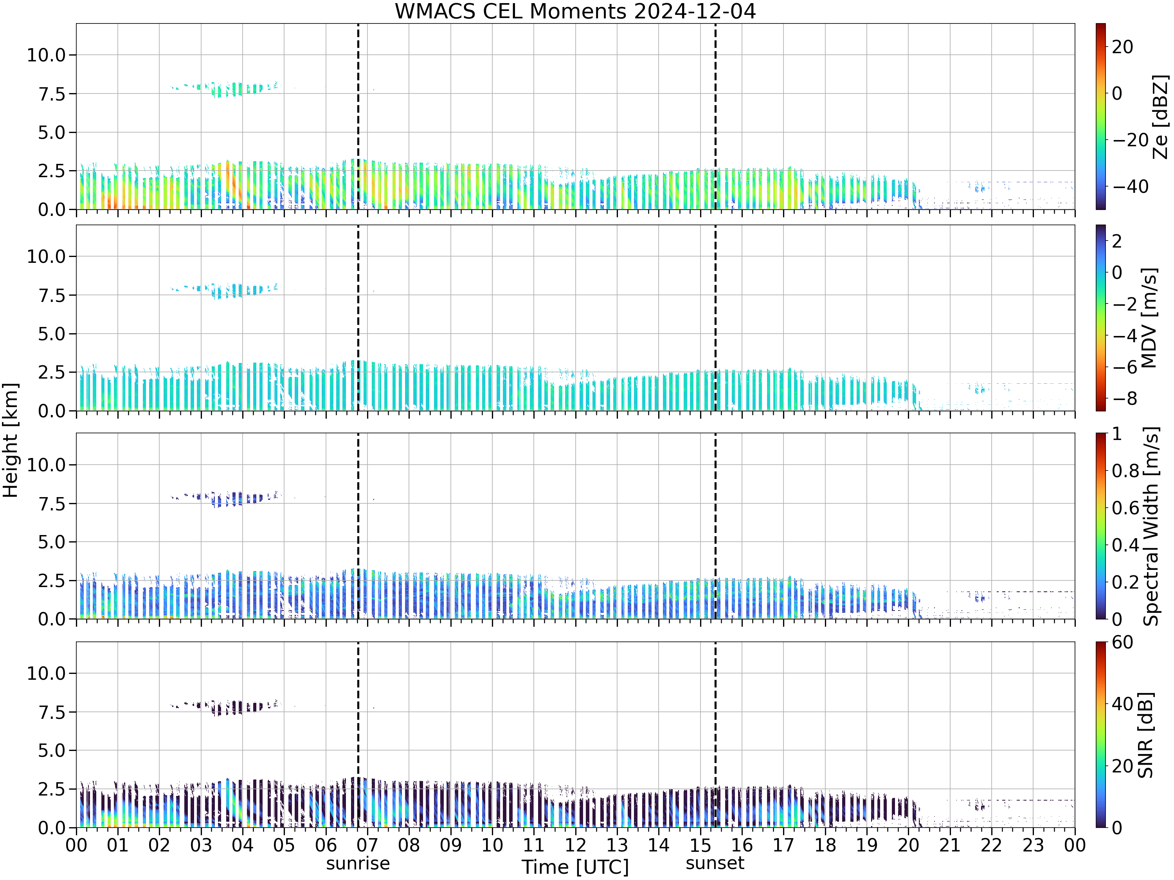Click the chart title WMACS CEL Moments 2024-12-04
pyautogui.click(x=575, y=11)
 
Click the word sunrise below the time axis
pyautogui.click(x=358, y=864)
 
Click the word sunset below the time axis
pyautogui.click(x=715, y=863)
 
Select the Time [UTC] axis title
pyautogui.click(x=575, y=867)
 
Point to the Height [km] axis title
pyautogui.click(x=11, y=440)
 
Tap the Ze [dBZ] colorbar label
pyautogui.click(x=1161, y=117)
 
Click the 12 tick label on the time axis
pyautogui.click(x=575, y=845)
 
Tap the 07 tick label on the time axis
pyautogui.click(x=367, y=845)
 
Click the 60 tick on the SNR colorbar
pyautogui.click(x=1122, y=642)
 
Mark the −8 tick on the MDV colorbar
pyautogui.click(x=1124, y=399)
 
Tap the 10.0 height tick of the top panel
pyautogui.click(x=46, y=55)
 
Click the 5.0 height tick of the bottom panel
pyautogui.click(x=52, y=751)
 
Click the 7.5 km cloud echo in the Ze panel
pyautogui.click(x=225, y=88)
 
